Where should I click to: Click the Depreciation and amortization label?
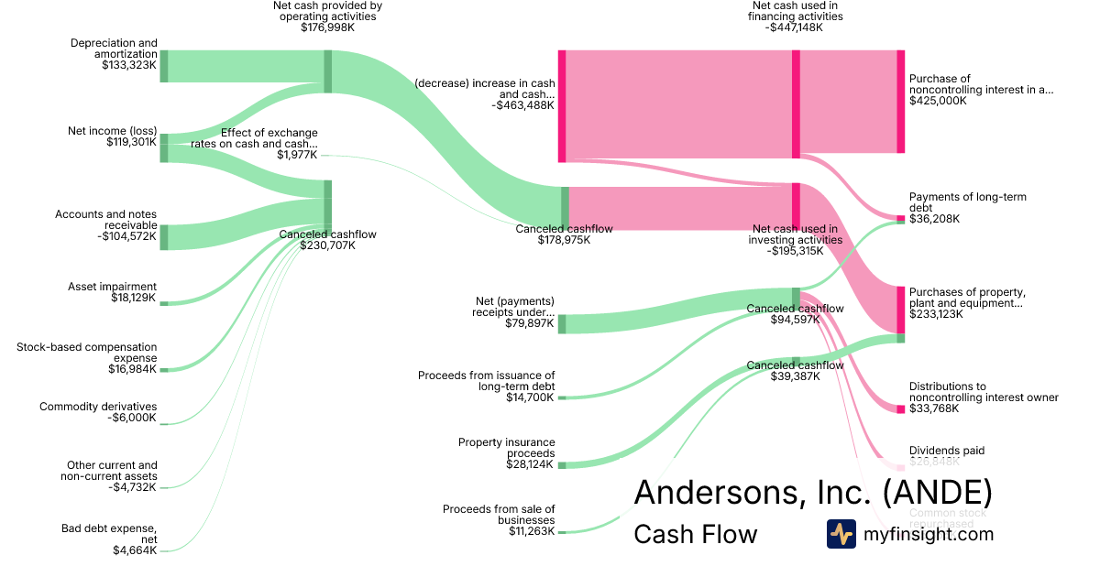coord(114,49)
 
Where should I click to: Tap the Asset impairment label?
coord(112,286)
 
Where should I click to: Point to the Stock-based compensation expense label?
coord(87,353)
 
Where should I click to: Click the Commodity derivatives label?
coord(98,407)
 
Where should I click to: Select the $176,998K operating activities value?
coord(327,27)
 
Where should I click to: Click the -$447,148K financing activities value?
coord(795,27)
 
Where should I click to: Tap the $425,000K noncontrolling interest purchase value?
coord(938,101)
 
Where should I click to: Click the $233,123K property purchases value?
coord(937,314)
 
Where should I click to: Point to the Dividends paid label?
coord(945,451)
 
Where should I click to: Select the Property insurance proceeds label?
coord(506,448)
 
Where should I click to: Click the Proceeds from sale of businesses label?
coord(499,515)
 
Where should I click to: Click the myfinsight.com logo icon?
coord(841,534)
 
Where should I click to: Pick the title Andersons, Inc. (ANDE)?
coord(812,493)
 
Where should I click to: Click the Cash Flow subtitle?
coord(695,534)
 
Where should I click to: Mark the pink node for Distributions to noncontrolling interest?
coord(900,408)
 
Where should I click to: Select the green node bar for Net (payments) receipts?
coord(562,323)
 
